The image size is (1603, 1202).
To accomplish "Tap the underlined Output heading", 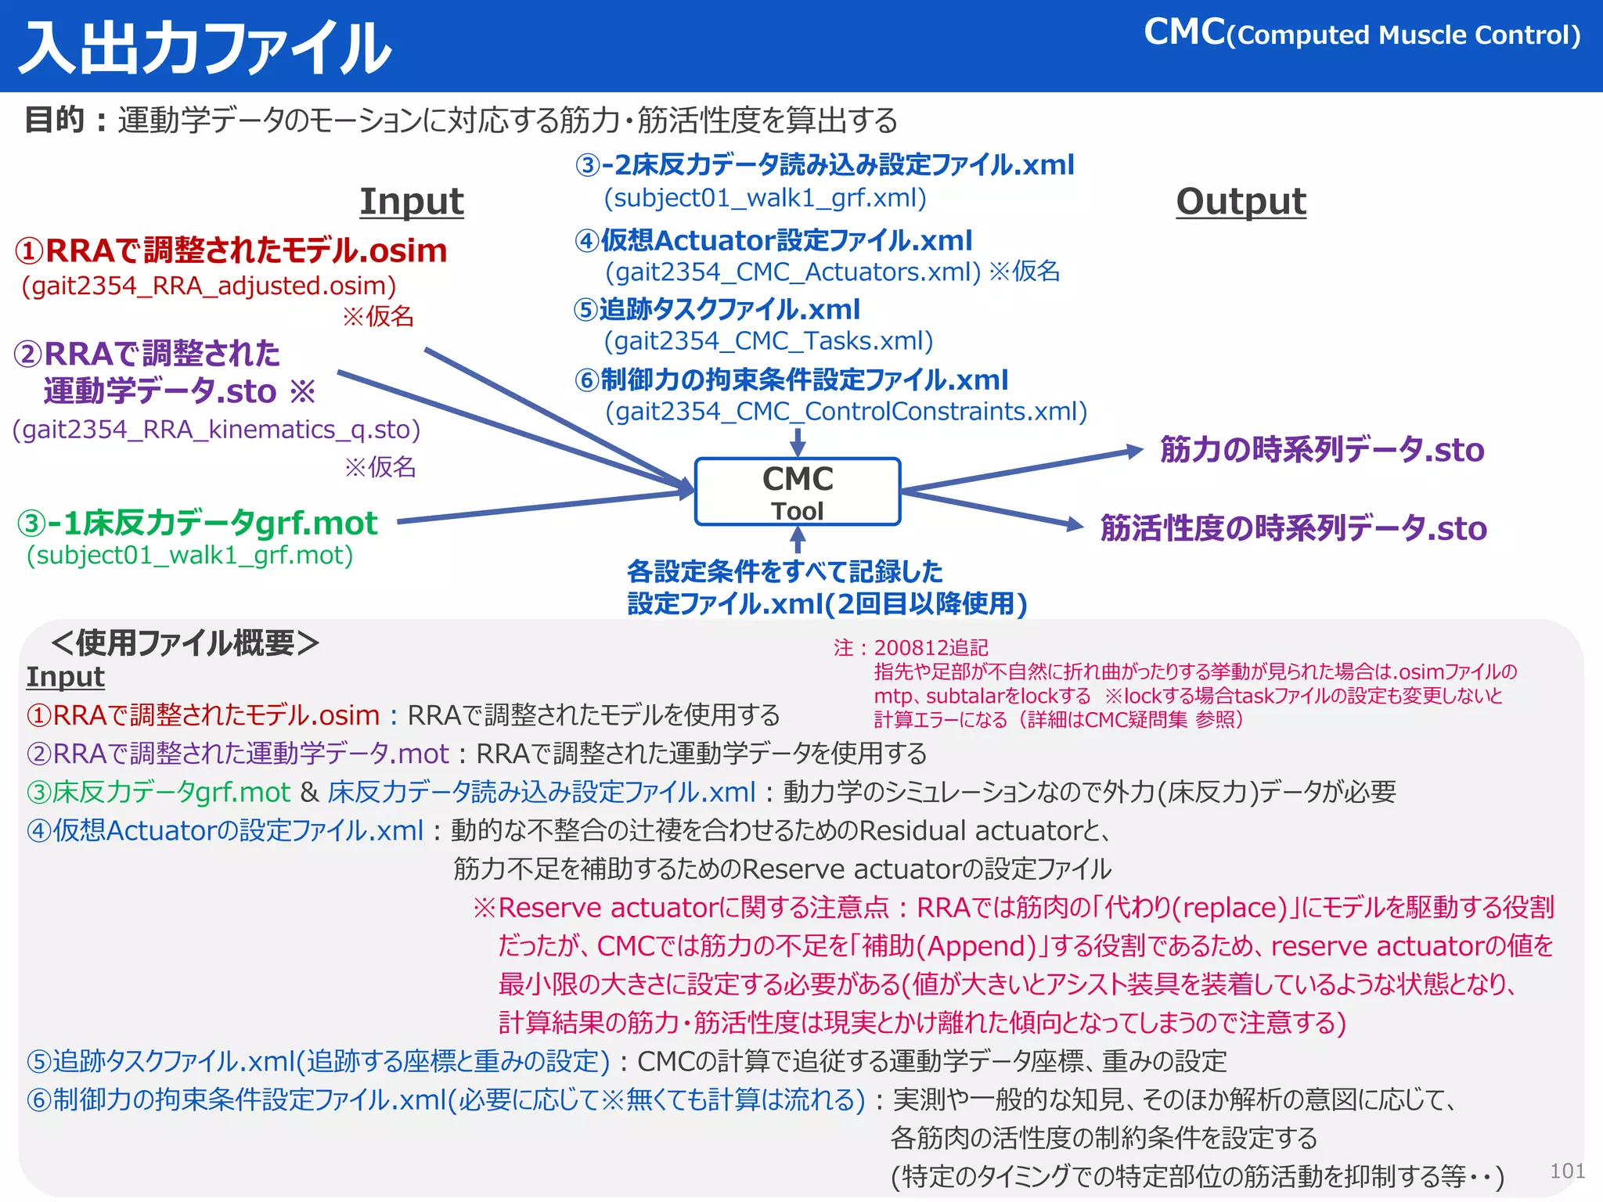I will click(x=1241, y=202).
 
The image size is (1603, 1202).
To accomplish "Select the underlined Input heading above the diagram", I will click(x=412, y=202).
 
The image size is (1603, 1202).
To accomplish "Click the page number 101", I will click(x=1567, y=1171).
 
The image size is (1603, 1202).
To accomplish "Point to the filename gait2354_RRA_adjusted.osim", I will click(x=209, y=286).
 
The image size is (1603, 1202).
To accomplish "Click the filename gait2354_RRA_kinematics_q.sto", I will click(x=217, y=430).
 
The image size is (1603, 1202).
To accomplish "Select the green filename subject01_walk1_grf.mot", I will click(x=190, y=556).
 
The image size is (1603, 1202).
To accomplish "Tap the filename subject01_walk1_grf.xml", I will click(x=765, y=198).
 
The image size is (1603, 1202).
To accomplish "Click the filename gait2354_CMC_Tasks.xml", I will click(x=769, y=341).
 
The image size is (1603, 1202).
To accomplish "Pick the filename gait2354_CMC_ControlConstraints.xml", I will click(x=846, y=412).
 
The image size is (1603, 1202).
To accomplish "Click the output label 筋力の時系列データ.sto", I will click(x=1321, y=450).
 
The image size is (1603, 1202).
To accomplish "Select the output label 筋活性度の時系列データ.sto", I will click(x=1293, y=528).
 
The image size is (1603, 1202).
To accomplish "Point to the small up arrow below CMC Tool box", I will click(x=798, y=538).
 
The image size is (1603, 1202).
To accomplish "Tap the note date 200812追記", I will click(x=931, y=648).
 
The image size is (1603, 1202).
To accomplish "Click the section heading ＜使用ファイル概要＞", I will click(x=185, y=643).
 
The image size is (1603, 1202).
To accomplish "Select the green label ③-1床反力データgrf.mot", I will click(x=197, y=523).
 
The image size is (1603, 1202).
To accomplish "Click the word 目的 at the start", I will click(x=54, y=120).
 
